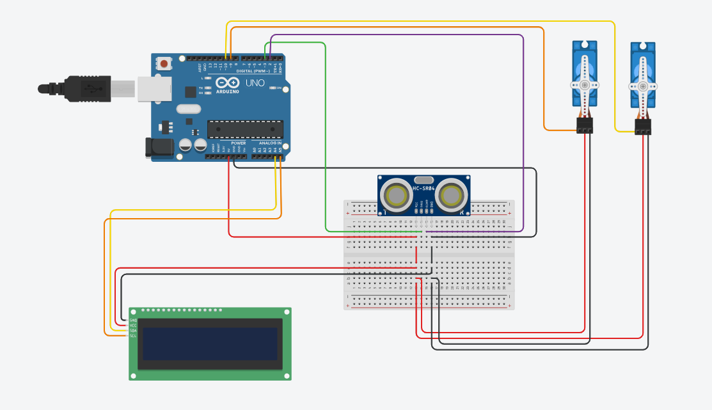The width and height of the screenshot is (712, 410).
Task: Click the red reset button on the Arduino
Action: click(165, 63)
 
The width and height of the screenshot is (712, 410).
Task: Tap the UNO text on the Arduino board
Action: click(254, 83)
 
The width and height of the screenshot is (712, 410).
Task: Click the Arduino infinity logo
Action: click(227, 83)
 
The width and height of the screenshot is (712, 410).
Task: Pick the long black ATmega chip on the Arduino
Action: click(244, 129)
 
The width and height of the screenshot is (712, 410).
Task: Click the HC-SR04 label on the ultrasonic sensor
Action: click(424, 188)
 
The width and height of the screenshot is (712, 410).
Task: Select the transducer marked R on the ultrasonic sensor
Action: click(453, 194)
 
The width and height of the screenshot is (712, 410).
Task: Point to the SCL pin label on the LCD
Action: click(133, 335)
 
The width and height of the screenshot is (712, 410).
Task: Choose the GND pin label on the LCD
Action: click(133, 320)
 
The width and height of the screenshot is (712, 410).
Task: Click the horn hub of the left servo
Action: click(585, 84)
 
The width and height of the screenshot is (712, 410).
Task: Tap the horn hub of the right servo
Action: click(643, 86)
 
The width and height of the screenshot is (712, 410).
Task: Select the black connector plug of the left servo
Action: click(585, 125)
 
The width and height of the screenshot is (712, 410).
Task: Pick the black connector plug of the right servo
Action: click(643, 127)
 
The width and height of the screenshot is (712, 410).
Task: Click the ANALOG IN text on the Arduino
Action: click(270, 143)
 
